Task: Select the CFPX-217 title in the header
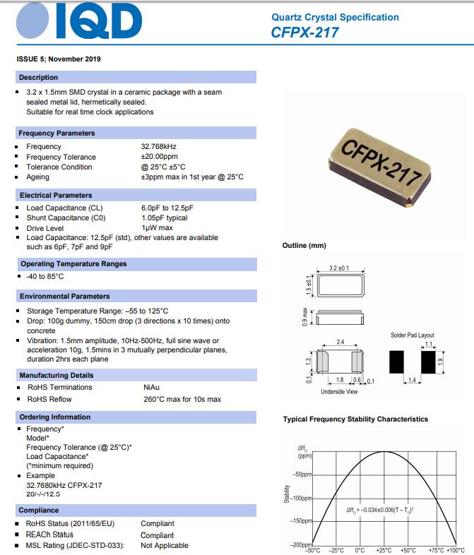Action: pyautogui.click(x=304, y=32)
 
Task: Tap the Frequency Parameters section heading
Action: pyautogui.click(x=57, y=133)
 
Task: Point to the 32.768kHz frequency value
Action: pyautogui.click(x=160, y=147)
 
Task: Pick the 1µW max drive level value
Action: pyautogui.click(x=157, y=228)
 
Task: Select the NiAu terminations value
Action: pyautogui.click(x=152, y=387)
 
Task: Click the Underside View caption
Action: pyautogui.click(x=339, y=391)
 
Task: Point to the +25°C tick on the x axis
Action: pyautogui.click(x=384, y=550)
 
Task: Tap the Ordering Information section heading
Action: pyautogui.click(x=55, y=417)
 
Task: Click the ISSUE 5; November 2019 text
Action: pyautogui.click(x=58, y=59)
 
